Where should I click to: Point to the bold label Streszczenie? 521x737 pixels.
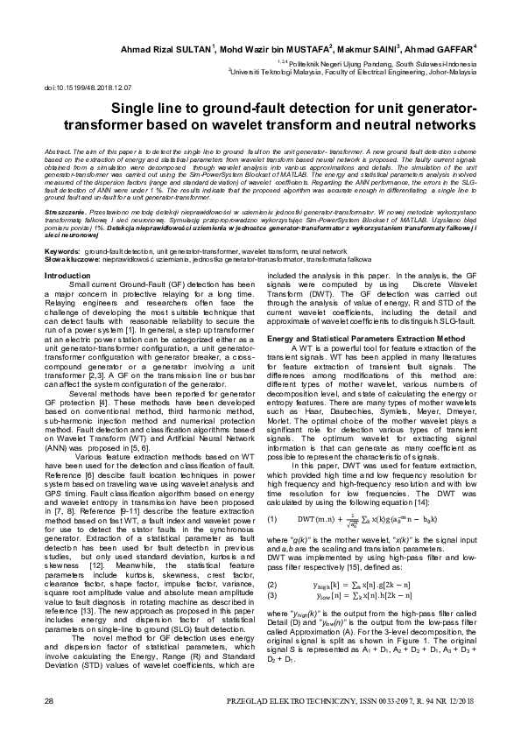tap(66, 212)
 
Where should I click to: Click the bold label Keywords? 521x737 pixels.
tap(62, 250)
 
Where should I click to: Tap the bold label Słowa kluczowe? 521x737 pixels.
tap(71, 258)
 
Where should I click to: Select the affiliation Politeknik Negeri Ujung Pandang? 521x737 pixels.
tap(352, 63)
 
